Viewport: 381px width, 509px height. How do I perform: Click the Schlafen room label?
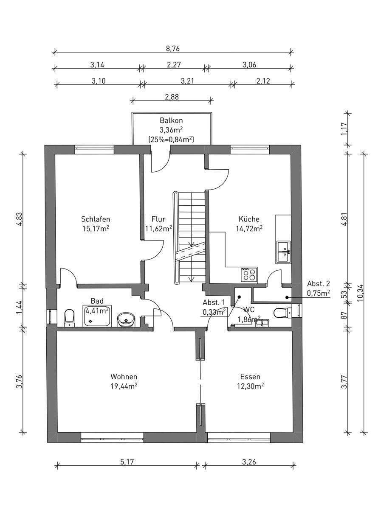point(96,219)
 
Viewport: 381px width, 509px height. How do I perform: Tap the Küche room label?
point(249,219)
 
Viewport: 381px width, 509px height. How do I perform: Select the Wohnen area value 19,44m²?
point(124,386)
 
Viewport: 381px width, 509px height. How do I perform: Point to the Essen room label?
point(250,377)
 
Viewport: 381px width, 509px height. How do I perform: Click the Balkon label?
point(171,120)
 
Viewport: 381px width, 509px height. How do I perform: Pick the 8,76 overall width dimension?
point(173,49)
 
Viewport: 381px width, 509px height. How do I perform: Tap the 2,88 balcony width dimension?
point(172,97)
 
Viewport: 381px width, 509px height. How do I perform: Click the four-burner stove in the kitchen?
point(249,275)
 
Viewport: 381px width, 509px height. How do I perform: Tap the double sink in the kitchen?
point(283,252)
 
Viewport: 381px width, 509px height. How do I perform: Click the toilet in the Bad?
point(69,318)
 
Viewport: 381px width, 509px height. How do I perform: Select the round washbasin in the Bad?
point(126,320)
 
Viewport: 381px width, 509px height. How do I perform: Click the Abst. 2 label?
point(318,284)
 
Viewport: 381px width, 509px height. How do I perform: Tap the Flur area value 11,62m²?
point(158,228)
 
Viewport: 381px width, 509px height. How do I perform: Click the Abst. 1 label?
point(214,302)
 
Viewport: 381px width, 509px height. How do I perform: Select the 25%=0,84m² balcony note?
point(171,140)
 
